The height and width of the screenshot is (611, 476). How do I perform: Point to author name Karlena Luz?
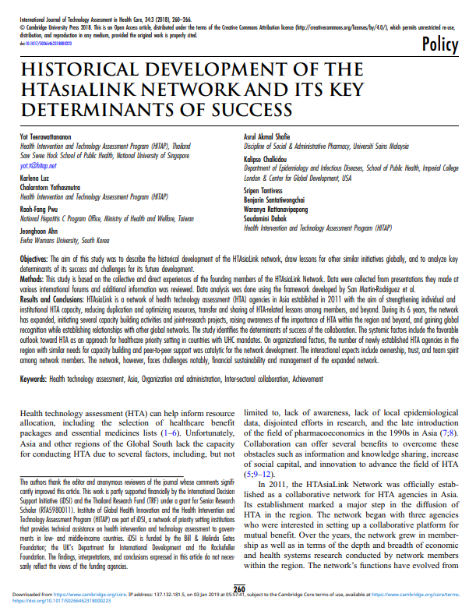(x=33, y=179)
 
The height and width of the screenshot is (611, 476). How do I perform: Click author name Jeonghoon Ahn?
(x=38, y=231)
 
